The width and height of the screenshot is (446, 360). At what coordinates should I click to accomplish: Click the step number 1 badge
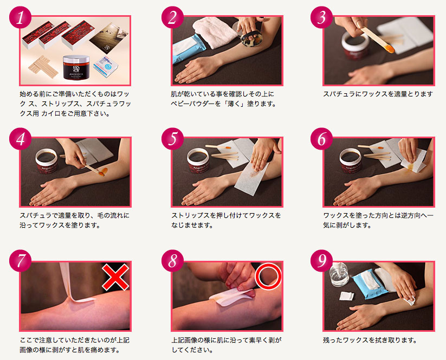click(x=20, y=17)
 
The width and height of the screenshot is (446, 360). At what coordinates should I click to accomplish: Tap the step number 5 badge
click(x=172, y=139)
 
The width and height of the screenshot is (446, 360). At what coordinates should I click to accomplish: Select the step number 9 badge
click(x=321, y=261)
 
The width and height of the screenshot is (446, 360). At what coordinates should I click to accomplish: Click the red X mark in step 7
click(x=115, y=277)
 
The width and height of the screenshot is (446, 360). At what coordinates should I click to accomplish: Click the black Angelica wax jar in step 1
click(x=76, y=67)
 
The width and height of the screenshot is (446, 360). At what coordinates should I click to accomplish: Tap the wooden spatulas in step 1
click(x=43, y=67)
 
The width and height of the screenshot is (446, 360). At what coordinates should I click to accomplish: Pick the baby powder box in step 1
click(x=106, y=66)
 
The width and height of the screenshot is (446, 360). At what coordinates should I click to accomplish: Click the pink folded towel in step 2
click(x=215, y=32)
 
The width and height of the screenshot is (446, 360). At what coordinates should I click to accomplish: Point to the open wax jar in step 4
click(x=47, y=161)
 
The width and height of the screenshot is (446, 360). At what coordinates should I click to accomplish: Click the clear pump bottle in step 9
click(x=339, y=274)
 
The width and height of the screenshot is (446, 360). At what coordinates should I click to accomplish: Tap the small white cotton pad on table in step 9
click(x=347, y=295)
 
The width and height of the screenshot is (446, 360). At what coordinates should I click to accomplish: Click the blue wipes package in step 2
click(x=189, y=48)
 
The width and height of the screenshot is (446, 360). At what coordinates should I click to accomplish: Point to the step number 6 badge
click(x=321, y=139)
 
